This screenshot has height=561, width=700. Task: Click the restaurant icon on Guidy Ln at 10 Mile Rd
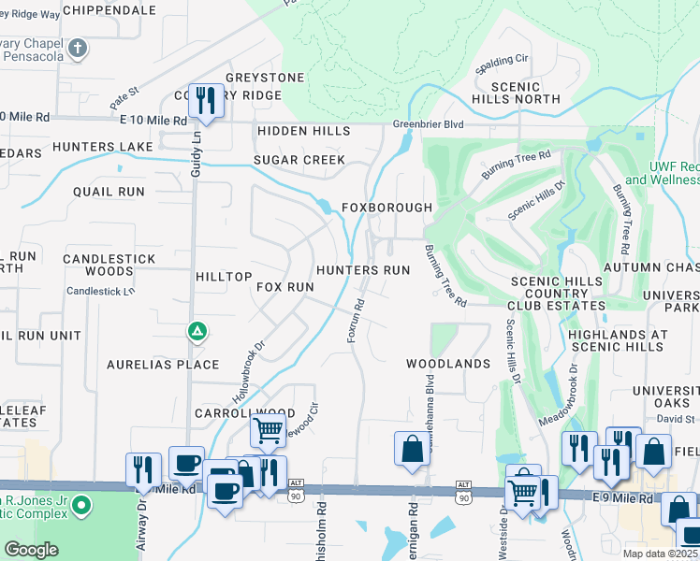pyautogui.click(x=205, y=100)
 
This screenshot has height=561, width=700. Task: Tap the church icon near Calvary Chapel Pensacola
pyautogui.click(x=79, y=48)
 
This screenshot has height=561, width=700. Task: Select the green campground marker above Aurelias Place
pyautogui.click(x=197, y=330)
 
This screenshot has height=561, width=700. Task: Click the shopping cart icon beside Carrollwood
pyautogui.click(x=268, y=432)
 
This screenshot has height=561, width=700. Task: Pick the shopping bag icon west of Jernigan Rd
pyautogui.click(x=411, y=449)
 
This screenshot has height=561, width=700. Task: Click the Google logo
pyautogui.click(x=32, y=549)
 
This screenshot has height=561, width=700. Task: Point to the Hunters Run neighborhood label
pyautogui.click(x=363, y=270)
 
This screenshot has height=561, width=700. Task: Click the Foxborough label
pyautogui.click(x=386, y=207)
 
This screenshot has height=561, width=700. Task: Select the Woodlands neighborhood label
pyautogui.click(x=447, y=363)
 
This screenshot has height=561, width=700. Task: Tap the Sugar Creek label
pyautogui.click(x=299, y=161)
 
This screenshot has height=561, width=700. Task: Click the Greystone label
pyautogui.click(x=265, y=78)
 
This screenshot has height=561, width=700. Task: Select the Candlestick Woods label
pyautogui.click(x=97, y=265)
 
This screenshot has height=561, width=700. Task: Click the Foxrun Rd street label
pyautogui.click(x=357, y=320)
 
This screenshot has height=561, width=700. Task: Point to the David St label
pyautogui.click(x=675, y=420)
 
